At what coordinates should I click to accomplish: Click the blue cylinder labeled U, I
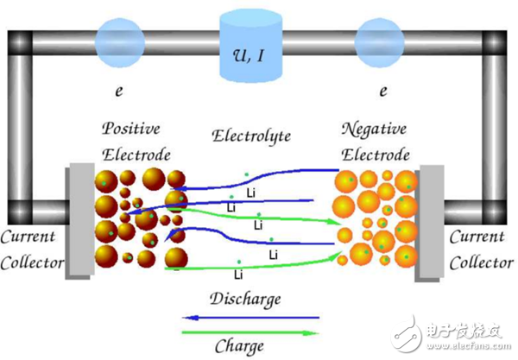coord(250,46)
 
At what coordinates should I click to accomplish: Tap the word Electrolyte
coord(251,136)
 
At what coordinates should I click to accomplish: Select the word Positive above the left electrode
coord(131,129)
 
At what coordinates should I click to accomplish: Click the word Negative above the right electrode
coord(374,129)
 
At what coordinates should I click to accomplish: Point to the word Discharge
coord(245,300)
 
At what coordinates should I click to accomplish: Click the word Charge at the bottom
coord(239,346)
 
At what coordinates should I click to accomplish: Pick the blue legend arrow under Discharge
coord(250,318)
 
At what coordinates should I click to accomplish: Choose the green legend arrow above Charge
coord(250,333)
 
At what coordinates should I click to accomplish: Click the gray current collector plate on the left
coord(80,221)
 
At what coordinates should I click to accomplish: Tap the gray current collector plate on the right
coord(429,224)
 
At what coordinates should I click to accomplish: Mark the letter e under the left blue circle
coord(119,91)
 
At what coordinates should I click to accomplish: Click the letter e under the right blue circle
coord(383,91)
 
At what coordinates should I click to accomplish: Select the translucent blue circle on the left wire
coord(120,43)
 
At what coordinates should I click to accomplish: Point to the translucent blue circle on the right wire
coord(380,43)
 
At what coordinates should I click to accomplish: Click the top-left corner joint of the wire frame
coord(20,43)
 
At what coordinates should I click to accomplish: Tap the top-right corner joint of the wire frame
coord(495,43)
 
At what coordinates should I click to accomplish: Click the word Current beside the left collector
coord(28,237)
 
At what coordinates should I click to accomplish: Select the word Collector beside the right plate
coord(482,263)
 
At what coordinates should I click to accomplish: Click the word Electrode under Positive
coord(136,155)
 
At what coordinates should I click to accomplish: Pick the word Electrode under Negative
coord(376,155)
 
